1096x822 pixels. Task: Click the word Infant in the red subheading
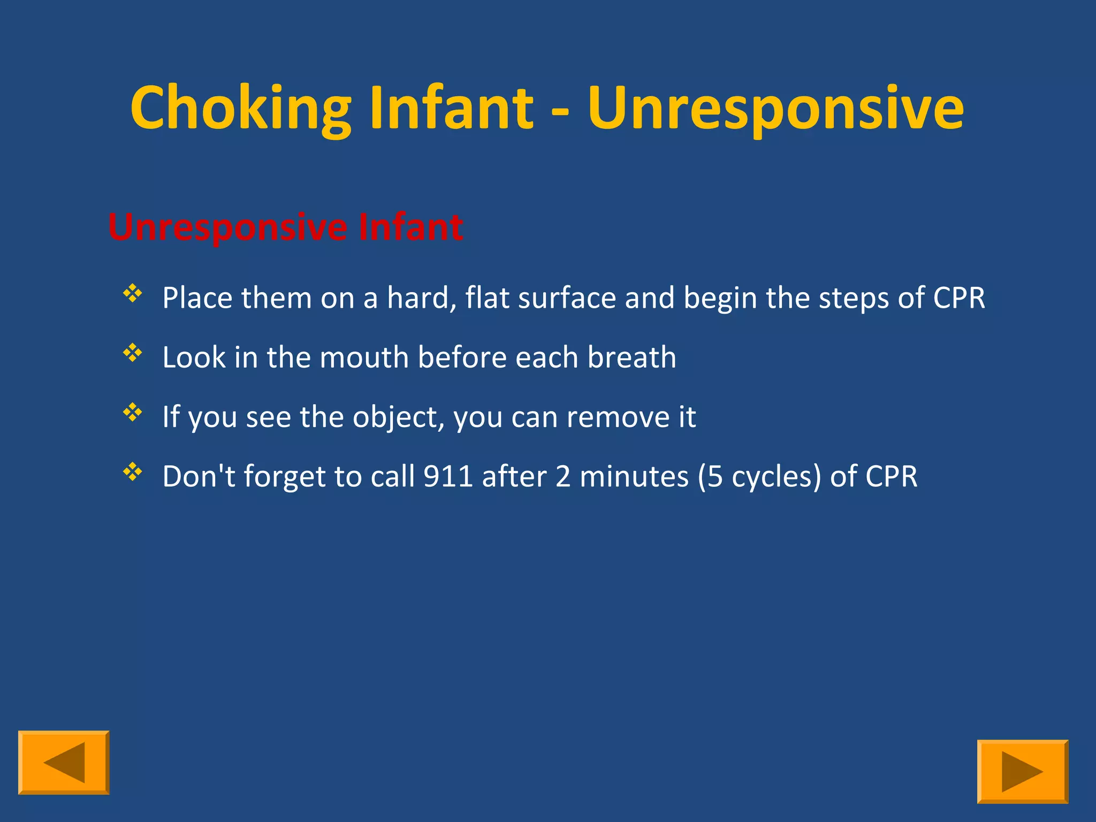pos(410,227)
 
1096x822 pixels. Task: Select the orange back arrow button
pos(64,762)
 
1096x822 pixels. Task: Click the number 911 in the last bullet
pos(448,476)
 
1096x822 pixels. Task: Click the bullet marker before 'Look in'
pos(132,353)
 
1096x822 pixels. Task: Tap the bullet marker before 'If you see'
pos(132,412)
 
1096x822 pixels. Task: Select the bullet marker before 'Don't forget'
pos(132,472)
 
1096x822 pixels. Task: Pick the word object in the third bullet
pos(398,417)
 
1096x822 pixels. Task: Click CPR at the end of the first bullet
pos(958,298)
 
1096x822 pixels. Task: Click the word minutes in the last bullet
pos(634,476)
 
